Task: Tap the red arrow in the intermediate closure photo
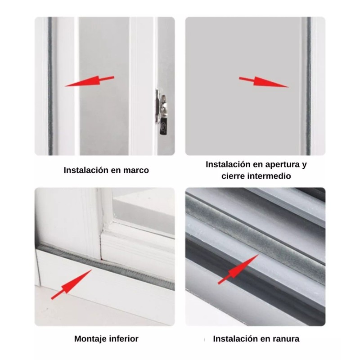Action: [263, 82]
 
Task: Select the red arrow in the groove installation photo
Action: [238, 270]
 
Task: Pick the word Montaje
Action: [91, 339]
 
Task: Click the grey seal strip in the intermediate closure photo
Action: [309, 90]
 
